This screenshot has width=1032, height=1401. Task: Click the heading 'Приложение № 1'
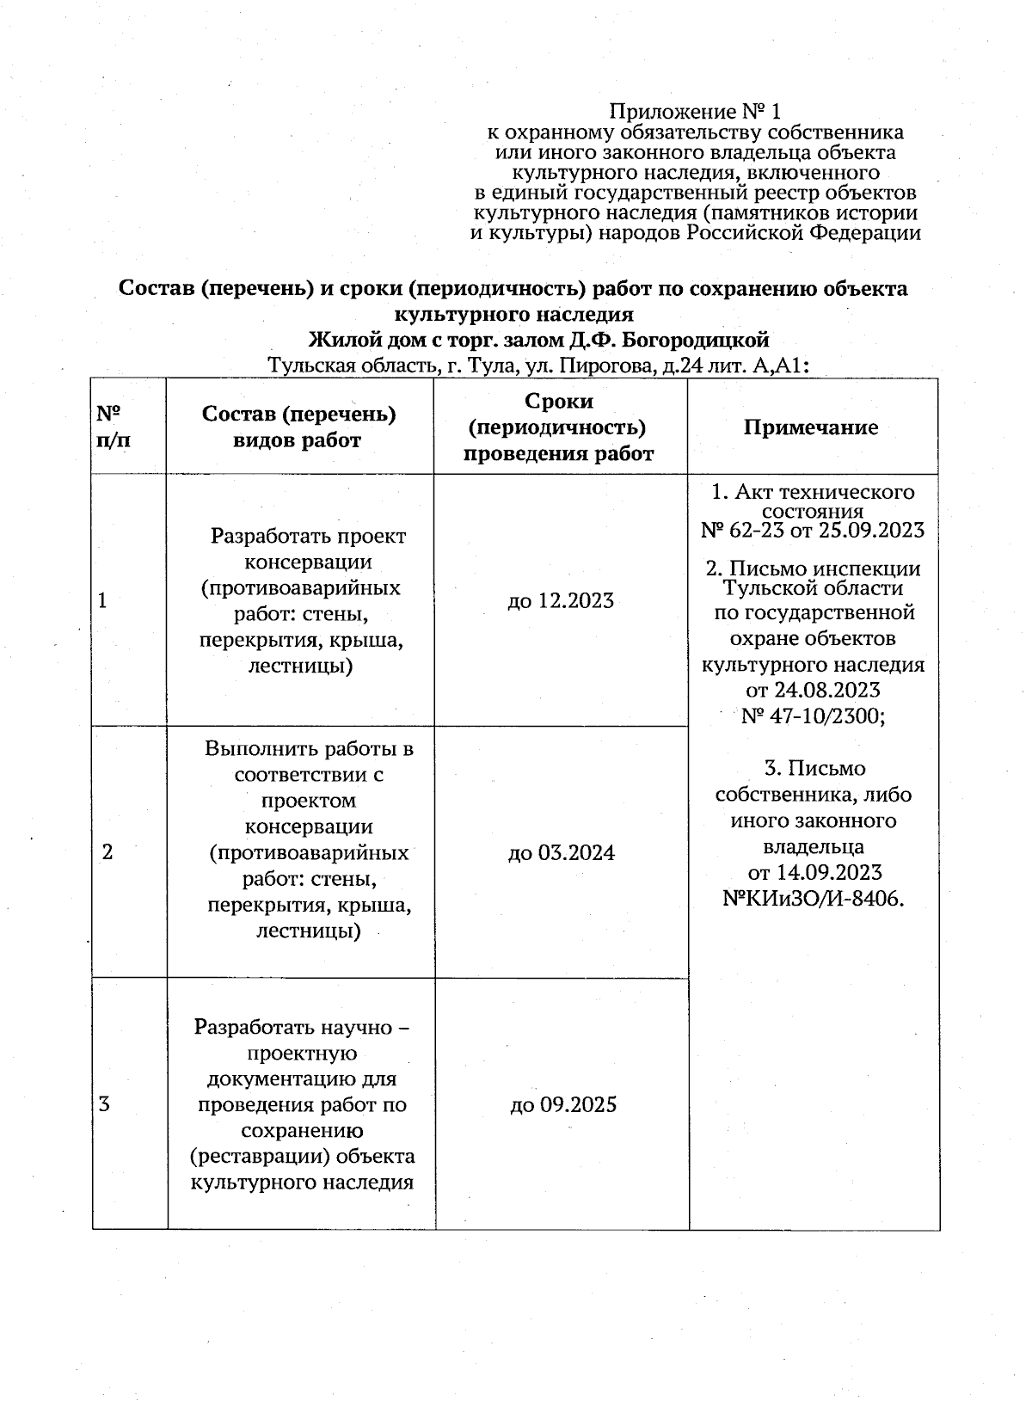click(695, 112)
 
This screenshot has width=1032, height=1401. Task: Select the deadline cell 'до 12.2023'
click(561, 600)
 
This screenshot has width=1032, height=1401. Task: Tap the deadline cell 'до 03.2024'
click(562, 852)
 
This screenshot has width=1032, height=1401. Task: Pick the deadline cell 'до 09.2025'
click(563, 1104)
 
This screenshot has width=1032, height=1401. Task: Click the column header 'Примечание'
click(811, 427)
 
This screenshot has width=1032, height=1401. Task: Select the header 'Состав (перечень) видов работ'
click(298, 427)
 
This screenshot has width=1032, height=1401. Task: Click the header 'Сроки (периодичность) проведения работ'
click(559, 427)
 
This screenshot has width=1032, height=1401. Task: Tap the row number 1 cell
click(103, 600)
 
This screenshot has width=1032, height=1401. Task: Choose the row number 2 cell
click(107, 852)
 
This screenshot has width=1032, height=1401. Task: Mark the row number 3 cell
click(104, 1104)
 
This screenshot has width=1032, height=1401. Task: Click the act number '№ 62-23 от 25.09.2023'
click(813, 530)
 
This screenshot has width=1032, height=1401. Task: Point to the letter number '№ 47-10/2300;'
click(813, 716)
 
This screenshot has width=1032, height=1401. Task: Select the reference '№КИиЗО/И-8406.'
click(813, 899)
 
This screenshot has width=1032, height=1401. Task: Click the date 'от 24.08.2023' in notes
click(813, 690)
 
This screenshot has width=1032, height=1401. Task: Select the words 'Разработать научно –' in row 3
click(302, 1027)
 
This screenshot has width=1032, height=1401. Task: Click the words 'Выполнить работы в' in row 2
click(309, 748)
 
